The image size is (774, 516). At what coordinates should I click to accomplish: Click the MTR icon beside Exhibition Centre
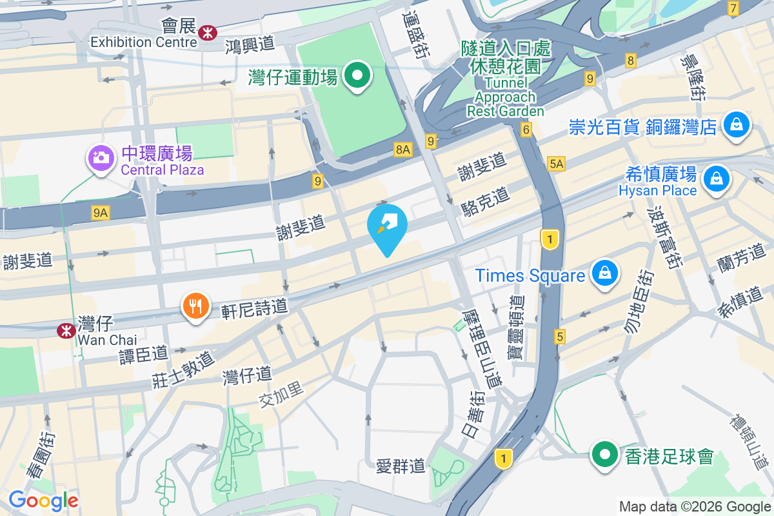[208, 32]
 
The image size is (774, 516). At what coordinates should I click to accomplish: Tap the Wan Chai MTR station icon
[65, 330]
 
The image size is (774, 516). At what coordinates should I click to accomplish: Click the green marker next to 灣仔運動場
[356, 75]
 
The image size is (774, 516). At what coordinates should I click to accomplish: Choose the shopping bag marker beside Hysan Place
[716, 178]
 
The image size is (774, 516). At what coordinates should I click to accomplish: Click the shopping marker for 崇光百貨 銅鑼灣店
[736, 124]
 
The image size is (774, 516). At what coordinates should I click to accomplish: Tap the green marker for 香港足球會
[604, 455]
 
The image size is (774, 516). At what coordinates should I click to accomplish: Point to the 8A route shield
[403, 150]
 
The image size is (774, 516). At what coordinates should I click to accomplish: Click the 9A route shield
[100, 212]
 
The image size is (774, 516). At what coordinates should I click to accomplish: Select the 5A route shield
[556, 164]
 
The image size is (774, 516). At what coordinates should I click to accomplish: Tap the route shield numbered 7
[733, 8]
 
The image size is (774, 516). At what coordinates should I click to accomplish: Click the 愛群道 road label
[401, 465]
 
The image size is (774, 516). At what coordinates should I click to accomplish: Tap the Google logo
[43, 501]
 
